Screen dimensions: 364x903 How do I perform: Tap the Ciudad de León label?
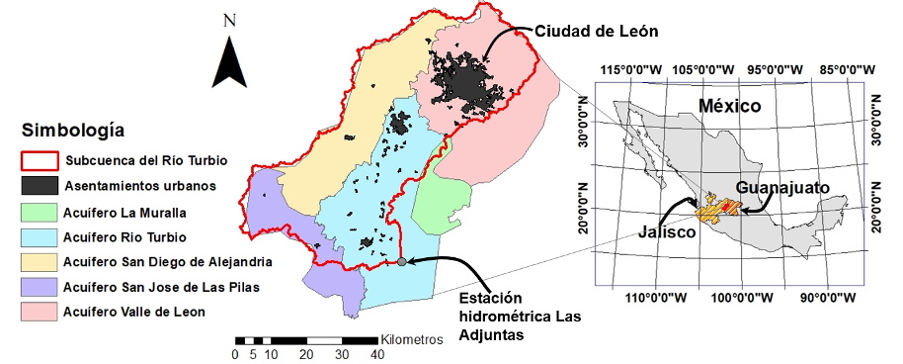click(x=597, y=32)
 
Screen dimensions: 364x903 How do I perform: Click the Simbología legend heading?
click(x=73, y=130)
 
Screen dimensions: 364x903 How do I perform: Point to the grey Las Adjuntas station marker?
click(x=402, y=262)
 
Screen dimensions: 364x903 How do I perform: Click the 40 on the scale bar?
click(x=375, y=354)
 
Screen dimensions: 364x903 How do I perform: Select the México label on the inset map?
click(x=729, y=105)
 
